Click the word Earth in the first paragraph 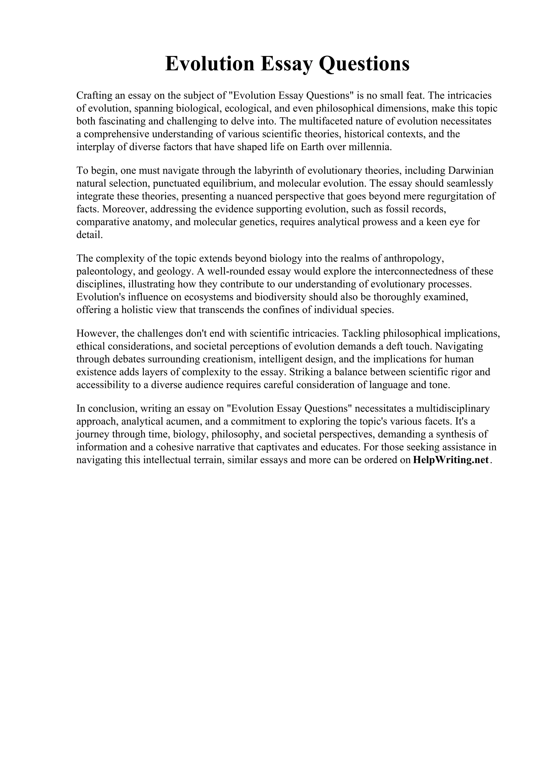(x=312, y=147)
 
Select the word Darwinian (x=471, y=170)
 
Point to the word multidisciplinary (x=453, y=409)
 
